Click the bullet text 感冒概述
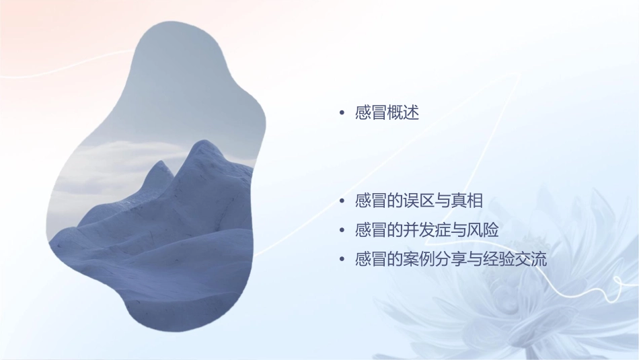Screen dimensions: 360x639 387,113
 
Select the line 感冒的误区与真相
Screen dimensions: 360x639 419,201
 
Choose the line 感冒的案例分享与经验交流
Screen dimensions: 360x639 451,259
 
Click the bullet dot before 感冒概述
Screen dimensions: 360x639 342,114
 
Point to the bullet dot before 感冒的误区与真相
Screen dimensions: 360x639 342,202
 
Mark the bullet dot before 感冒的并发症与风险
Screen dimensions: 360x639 342,231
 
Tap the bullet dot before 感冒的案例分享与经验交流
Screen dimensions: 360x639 342,260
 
